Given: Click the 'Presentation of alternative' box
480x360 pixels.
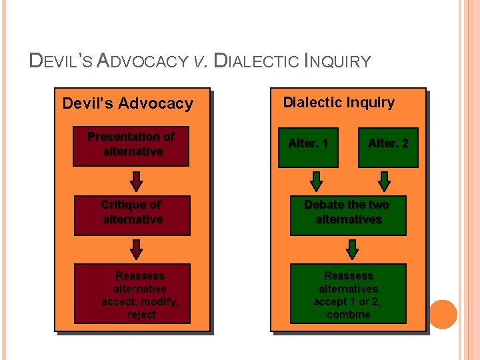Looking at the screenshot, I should [132, 145].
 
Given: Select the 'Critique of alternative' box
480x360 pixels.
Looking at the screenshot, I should [132, 213].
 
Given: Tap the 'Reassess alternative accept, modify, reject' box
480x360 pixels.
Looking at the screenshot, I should [132, 294].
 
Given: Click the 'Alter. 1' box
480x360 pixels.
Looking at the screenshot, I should [309, 145].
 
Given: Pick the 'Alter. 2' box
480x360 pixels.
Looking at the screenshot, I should [388, 145].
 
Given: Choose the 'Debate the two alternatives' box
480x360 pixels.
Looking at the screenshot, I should [348, 213].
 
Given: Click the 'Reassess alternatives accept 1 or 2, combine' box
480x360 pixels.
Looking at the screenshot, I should [348, 294].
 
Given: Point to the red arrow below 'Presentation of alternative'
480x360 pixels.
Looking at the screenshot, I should [136, 181].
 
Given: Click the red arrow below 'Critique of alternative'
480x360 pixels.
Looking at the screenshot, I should [136, 249].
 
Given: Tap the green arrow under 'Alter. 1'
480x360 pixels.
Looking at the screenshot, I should [317, 181].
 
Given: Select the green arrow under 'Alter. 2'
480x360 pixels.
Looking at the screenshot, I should [385, 181].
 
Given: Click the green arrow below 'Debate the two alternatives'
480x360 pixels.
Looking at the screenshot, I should [353, 249].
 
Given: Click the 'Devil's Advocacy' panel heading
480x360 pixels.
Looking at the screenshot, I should [127, 103].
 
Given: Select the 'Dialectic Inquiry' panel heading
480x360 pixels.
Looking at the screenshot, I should [339, 103].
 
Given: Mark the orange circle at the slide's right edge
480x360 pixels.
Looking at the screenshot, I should [443, 314].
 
